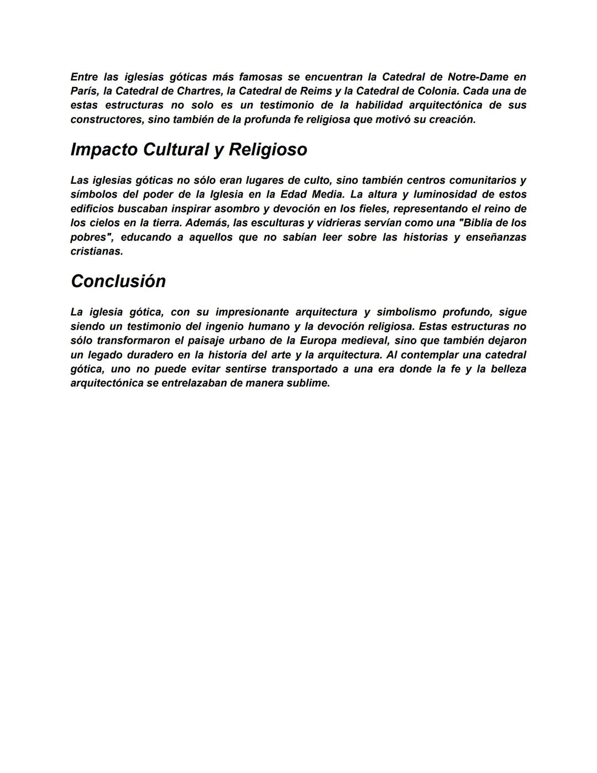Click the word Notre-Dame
[x=478, y=77]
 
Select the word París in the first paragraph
[x=82, y=91]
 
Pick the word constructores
[x=106, y=120]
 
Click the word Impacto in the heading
[x=104, y=149]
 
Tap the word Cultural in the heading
[x=175, y=149]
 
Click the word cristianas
[x=96, y=251]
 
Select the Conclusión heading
[x=118, y=281]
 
